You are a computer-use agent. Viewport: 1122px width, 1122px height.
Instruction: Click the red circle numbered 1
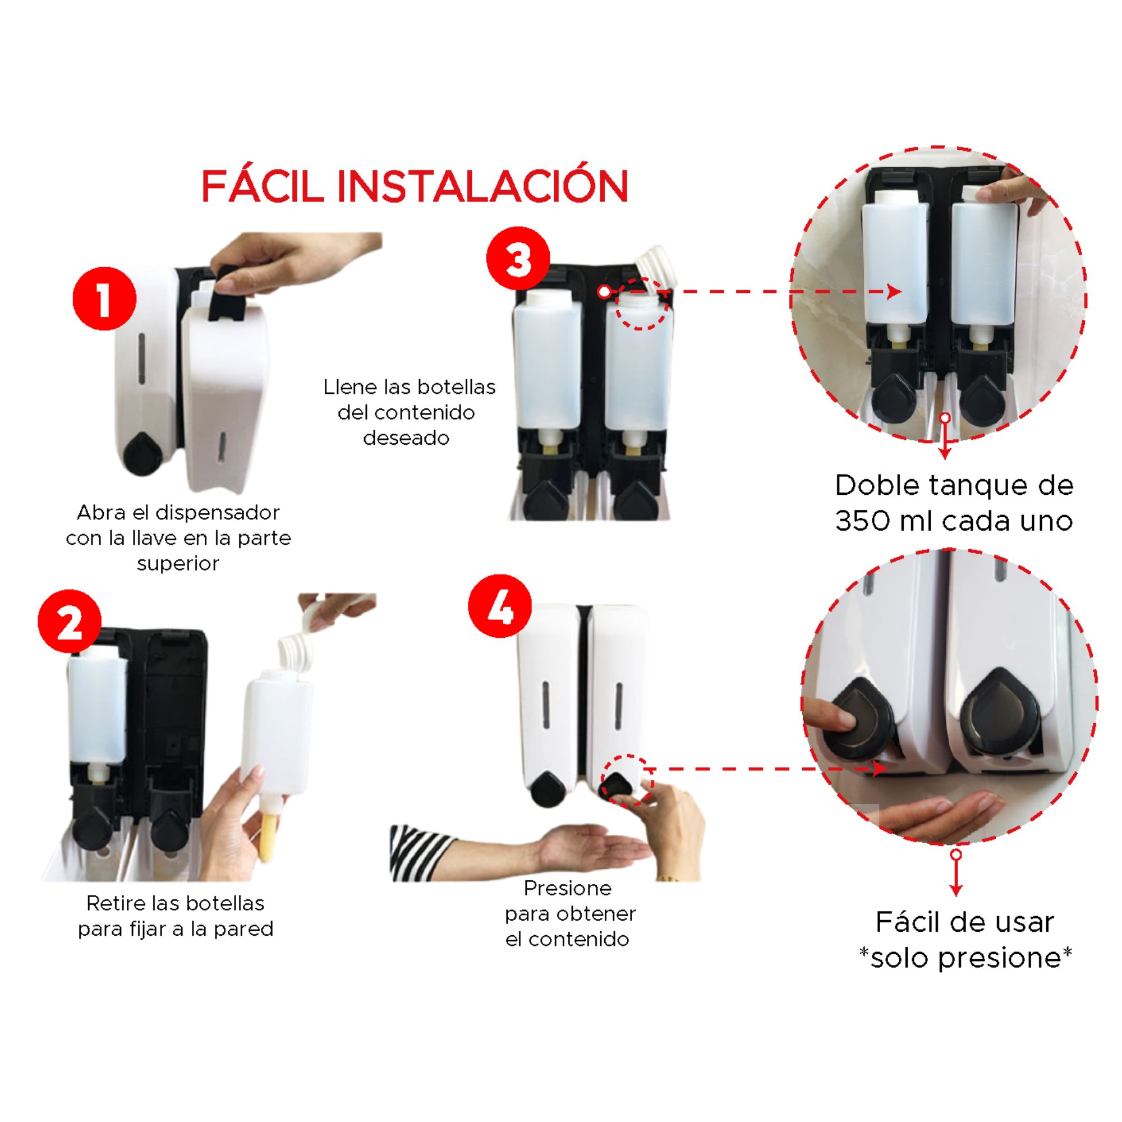104,299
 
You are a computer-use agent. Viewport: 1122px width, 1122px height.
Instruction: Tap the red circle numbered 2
70,622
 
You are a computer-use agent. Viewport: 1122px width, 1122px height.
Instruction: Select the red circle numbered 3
518,259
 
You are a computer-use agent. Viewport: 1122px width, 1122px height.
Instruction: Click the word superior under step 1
178,564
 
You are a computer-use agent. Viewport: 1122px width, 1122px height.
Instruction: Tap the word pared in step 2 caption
243,929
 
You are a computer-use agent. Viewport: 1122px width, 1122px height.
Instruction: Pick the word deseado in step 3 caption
406,438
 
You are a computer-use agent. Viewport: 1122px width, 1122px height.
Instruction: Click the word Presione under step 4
567,888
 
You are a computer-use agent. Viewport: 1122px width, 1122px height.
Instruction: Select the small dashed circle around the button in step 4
627,780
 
